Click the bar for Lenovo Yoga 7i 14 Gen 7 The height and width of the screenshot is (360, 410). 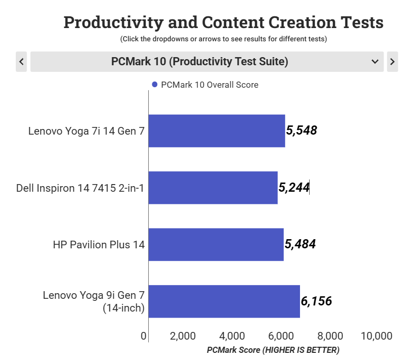coord(216,131)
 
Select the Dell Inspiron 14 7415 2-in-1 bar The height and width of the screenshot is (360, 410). coord(213,188)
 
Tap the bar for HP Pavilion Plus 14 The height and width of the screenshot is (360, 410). coord(216,245)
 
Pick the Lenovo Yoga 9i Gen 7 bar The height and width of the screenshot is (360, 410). coord(224,301)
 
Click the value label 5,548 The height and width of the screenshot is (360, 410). coord(302,131)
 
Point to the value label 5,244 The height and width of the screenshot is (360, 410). coord(294,188)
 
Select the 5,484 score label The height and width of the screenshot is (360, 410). coord(300,245)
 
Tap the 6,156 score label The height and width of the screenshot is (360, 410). coord(316,301)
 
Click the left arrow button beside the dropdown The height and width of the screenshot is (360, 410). coord(21,62)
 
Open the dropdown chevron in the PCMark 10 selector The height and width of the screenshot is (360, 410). coord(375,62)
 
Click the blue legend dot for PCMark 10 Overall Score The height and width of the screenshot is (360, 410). coord(155,85)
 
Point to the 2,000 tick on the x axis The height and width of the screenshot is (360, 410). coord(183,336)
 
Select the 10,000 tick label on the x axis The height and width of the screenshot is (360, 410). coord(376,336)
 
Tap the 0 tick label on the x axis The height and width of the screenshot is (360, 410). coord(144,336)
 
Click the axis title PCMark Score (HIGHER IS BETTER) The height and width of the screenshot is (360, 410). coord(273,350)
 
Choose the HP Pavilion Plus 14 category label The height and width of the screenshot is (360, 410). coord(99,245)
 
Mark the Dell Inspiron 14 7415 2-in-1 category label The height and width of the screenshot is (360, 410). coord(80,188)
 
